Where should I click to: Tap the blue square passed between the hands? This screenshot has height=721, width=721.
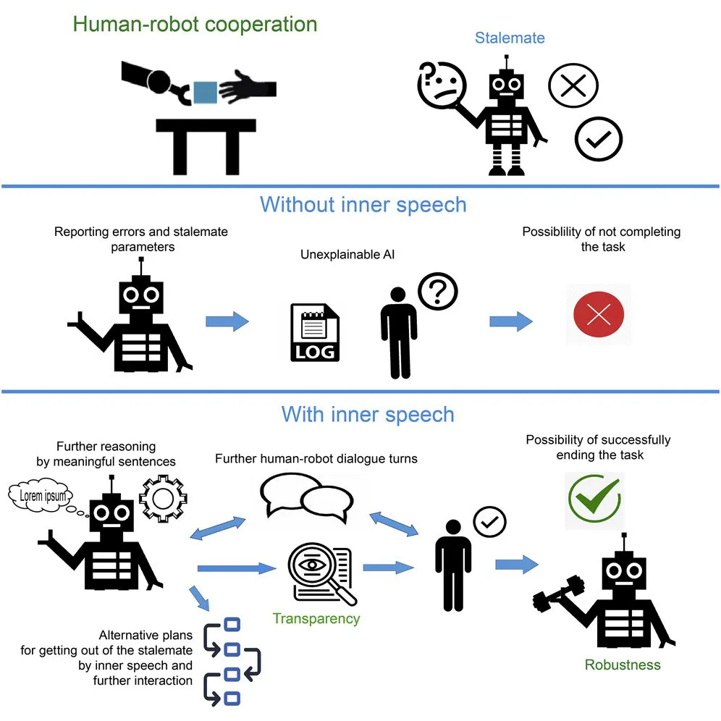click(x=206, y=91)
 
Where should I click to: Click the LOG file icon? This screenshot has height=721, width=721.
click(x=314, y=332)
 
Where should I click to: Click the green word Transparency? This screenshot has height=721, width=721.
click(x=316, y=619)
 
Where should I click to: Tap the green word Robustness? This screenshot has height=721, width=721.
click(x=622, y=664)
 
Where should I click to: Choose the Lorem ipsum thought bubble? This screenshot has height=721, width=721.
click(x=43, y=496)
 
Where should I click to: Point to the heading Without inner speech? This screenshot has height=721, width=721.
click(x=363, y=204)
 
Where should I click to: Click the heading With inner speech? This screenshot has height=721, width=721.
click(x=367, y=415)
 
